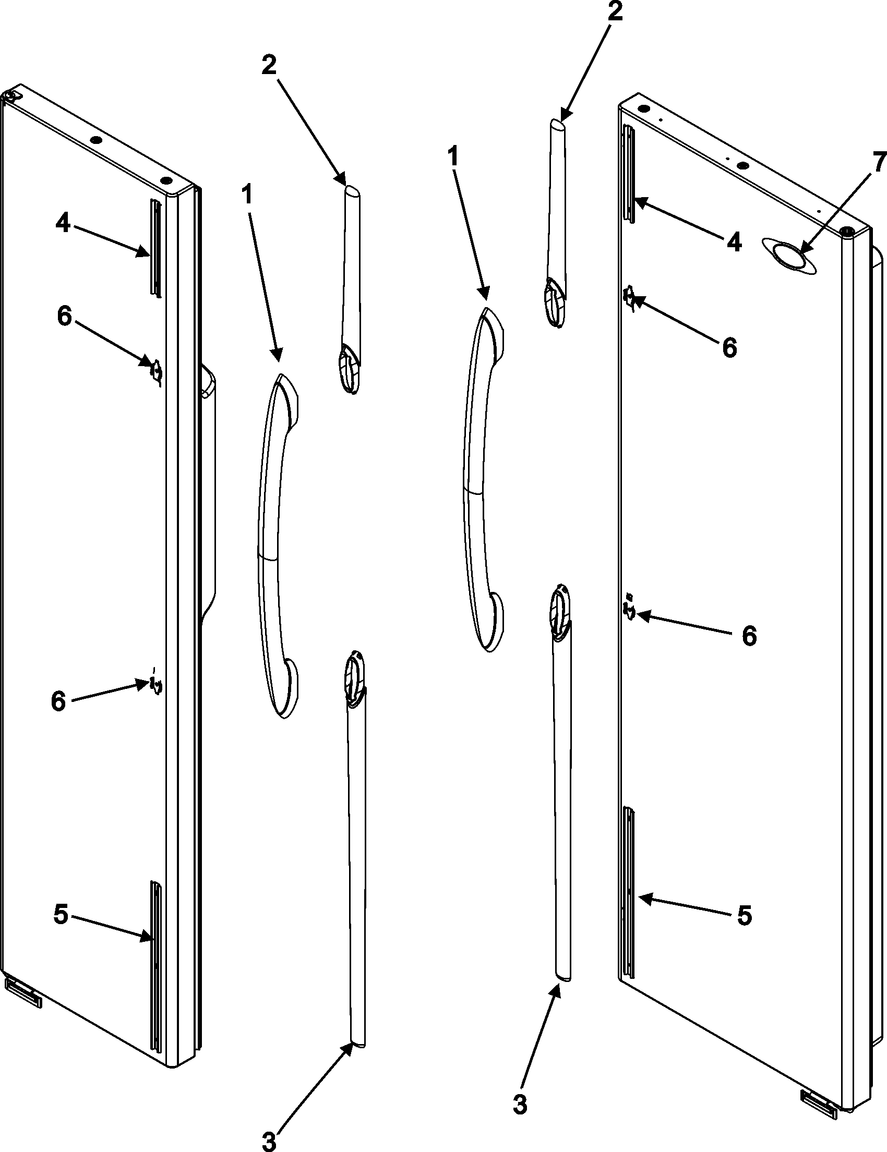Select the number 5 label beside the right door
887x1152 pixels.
point(745,917)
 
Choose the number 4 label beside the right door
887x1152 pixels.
point(734,244)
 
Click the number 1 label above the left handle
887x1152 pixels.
point(247,196)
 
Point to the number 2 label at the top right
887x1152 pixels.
point(615,13)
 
